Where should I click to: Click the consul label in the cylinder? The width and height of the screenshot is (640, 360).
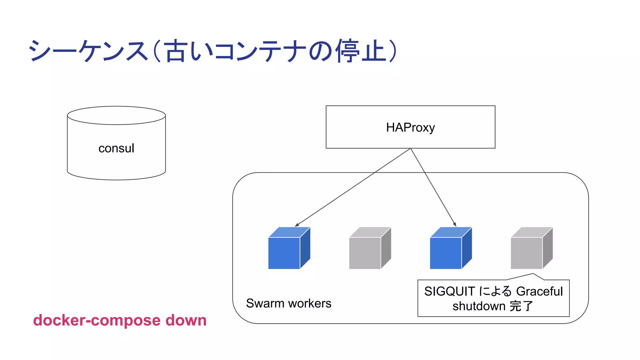click(116, 148)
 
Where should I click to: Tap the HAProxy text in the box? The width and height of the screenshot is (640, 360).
click(410, 127)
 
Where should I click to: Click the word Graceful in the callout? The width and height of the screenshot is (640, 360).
click(539, 291)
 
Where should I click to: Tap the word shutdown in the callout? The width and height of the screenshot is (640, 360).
click(479, 306)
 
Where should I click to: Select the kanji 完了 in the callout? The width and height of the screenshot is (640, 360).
click(521, 306)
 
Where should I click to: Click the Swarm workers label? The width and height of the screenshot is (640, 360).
click(288, 303)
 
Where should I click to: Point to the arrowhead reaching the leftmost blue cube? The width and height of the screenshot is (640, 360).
click(297, 225)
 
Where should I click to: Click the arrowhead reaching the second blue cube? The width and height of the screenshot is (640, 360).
click(455, 225)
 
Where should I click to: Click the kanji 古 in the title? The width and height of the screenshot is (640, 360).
click(175, 51)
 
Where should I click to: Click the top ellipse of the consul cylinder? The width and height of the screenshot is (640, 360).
click(116, 115)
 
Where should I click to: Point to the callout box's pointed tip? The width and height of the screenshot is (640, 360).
click(533, 274)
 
